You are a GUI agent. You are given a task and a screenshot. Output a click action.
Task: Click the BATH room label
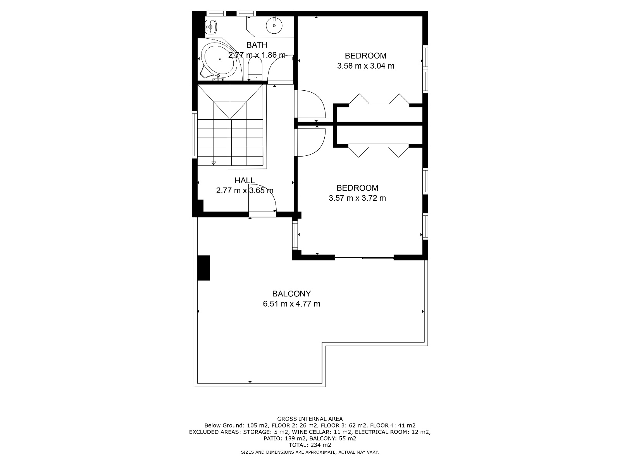pos(257,45)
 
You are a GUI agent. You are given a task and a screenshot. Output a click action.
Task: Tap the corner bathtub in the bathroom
pos(219,60)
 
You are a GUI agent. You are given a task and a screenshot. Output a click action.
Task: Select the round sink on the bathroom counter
pos(274,26)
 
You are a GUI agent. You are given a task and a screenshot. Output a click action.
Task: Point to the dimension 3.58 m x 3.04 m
pos(365,66)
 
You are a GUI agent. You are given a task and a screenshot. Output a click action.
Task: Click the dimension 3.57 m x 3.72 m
pos(357,198)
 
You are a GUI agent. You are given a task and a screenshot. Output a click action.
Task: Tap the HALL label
pos(245,181)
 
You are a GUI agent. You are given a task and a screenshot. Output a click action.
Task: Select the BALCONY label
pos(291,294)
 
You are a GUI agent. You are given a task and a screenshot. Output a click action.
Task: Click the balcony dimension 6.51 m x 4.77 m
pos(291,304)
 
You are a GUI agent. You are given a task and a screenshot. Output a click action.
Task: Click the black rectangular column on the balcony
pos(203,268)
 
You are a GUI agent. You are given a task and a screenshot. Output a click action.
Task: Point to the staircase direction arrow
pos(214,163)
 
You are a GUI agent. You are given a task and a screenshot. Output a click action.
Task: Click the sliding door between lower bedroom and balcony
pos(364,257)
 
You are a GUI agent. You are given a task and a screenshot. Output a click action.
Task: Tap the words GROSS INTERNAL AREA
pos(310,419)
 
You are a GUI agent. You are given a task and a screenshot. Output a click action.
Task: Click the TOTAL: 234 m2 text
pos(310,445)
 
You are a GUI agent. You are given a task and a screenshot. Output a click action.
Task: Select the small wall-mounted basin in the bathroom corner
pos(210,27)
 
